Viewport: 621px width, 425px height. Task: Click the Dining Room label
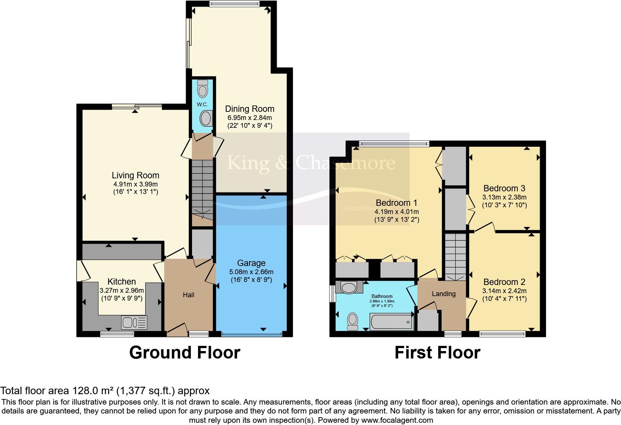[250, 109]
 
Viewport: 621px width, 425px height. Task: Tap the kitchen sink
[134, 322]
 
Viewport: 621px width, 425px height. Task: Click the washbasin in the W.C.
[205, 119]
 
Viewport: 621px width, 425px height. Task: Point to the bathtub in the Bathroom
[392, 321]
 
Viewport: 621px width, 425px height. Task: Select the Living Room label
[136, 175]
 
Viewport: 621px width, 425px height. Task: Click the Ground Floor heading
[185, 352]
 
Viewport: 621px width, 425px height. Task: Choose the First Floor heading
[437, 352]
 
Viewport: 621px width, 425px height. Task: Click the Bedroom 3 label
[504, 188]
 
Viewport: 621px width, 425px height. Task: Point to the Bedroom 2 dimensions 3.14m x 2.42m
[504, 291]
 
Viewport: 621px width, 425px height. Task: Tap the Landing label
[443, 294]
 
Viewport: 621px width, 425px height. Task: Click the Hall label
[188, 295]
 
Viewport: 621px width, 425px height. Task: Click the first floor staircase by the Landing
[455, 256]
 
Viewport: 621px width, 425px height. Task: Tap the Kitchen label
[121, 282]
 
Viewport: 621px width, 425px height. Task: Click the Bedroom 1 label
[397, 203]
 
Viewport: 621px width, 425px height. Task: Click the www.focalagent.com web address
[397, 421]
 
